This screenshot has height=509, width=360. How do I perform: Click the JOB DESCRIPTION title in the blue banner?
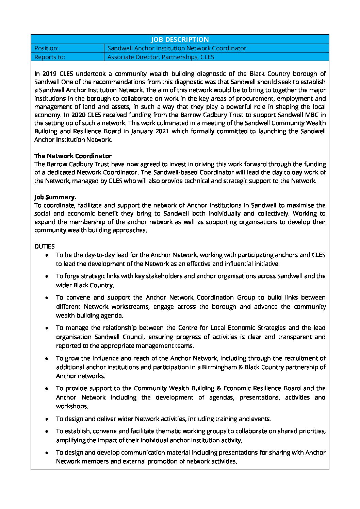(180, 39)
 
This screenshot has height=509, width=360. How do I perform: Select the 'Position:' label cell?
(47, 48)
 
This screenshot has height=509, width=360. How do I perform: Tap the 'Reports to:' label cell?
(50, 57)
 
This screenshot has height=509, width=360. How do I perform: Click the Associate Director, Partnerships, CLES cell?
(161, 57)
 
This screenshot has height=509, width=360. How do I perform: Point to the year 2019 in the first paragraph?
(49, 73)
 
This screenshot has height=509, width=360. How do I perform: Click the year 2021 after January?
(162, 131)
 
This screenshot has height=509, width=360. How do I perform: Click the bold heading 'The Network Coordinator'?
(73, 156)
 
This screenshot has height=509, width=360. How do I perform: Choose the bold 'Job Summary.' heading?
(55, 197)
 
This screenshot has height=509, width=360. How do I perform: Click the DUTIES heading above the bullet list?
(45, 247)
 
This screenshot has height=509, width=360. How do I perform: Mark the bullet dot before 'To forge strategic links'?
(47, 276)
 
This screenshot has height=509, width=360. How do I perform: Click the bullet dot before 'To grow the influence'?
(47, 359)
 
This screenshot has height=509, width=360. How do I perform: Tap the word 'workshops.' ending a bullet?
(72, 406)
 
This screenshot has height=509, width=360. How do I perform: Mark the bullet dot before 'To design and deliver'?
(47, 419)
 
